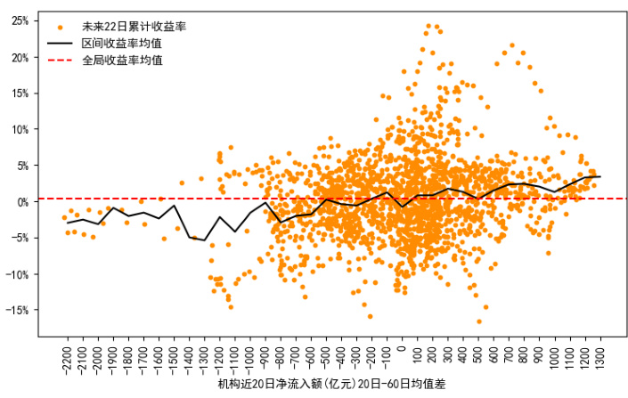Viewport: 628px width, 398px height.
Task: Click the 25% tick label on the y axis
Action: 19,20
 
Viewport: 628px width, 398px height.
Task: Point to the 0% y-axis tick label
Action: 21,202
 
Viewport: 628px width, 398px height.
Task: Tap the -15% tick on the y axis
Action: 17,311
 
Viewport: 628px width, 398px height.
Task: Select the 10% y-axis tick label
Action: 19,129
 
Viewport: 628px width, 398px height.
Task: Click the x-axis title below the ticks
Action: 331,386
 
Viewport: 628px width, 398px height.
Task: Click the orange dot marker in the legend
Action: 60,28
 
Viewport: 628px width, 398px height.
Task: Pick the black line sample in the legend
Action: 60,43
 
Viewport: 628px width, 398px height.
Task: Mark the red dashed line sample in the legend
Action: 60,60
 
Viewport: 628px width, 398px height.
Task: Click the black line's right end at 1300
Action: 599,176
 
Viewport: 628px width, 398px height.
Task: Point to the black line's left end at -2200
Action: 68,223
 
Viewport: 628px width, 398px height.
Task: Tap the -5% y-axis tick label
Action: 19,238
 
